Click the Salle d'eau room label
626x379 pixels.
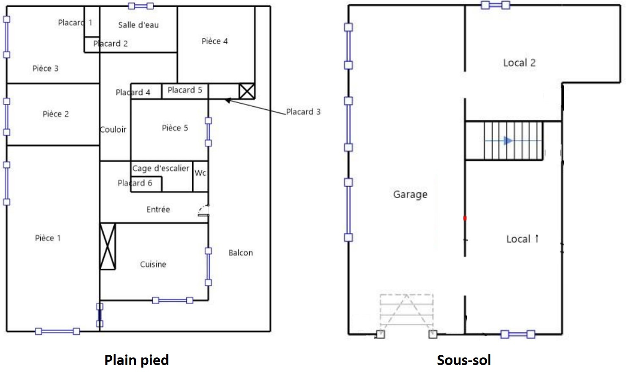pos(138,25)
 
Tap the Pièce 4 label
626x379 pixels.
pos(215,41)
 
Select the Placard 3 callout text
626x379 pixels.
pos(303,112)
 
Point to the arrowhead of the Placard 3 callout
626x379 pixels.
pos(227,100)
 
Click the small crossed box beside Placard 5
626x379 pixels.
pos(247,91)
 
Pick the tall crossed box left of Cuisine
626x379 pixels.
pos(108,246)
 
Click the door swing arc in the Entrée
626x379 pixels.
pos(203,210)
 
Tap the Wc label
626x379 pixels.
pos(200,173)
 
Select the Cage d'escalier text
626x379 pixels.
pos(161,168)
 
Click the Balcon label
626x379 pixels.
pos(240,253)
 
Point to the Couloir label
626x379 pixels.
pos(113,129)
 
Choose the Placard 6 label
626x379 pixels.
pos(135,183)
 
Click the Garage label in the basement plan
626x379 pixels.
pos(410,194)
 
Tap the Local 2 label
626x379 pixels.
pos(519,63)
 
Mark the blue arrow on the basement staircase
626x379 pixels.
pos(499,141)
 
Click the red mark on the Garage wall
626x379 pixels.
pos(465,218)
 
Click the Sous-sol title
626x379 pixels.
pos(464,360)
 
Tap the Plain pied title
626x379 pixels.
pos(137,360)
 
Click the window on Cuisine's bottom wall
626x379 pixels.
pos(173,300)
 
